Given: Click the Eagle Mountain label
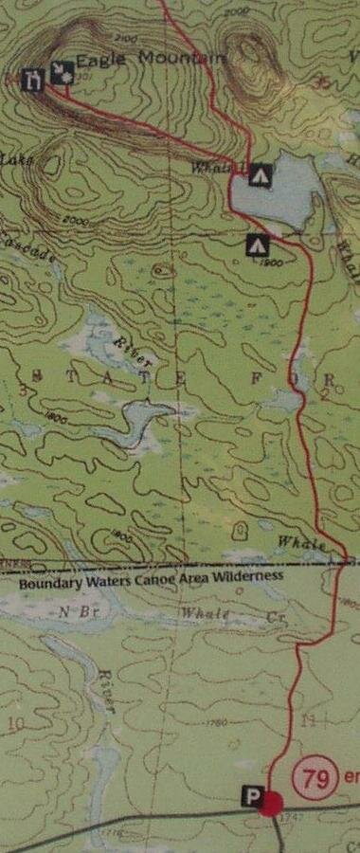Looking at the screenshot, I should tap(151, 59).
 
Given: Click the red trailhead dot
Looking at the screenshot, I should tap(271, 806).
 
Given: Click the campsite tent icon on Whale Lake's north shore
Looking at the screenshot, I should tap(261, 174).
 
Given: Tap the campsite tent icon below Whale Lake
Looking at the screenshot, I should tap(256, 246).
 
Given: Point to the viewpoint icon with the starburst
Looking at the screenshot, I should tap(63, 72).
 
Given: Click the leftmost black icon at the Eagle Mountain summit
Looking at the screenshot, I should tap(33, 78).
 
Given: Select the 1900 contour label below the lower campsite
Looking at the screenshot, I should tap(273, 263).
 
